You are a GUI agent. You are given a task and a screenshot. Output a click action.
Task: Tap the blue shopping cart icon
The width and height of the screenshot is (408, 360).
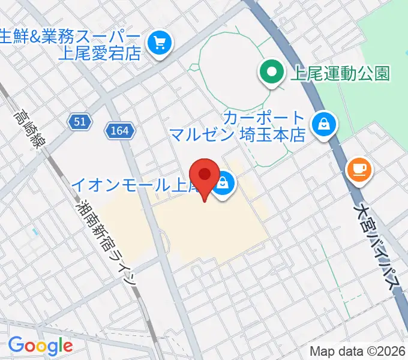click(160, 42)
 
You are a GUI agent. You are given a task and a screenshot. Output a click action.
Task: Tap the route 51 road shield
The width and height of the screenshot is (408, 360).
click(80, 122)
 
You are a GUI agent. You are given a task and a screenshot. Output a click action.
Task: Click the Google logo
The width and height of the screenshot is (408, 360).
click(40, 346)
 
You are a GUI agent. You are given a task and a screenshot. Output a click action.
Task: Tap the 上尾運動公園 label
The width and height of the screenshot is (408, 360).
click(340, 73)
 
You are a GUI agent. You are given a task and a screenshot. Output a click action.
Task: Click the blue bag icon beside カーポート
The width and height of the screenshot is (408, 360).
click(325, 124)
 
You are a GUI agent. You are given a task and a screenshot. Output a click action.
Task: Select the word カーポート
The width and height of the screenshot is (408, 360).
click(264, 116)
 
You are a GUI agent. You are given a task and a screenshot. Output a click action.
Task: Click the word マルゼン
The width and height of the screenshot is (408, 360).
click(200, 133)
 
